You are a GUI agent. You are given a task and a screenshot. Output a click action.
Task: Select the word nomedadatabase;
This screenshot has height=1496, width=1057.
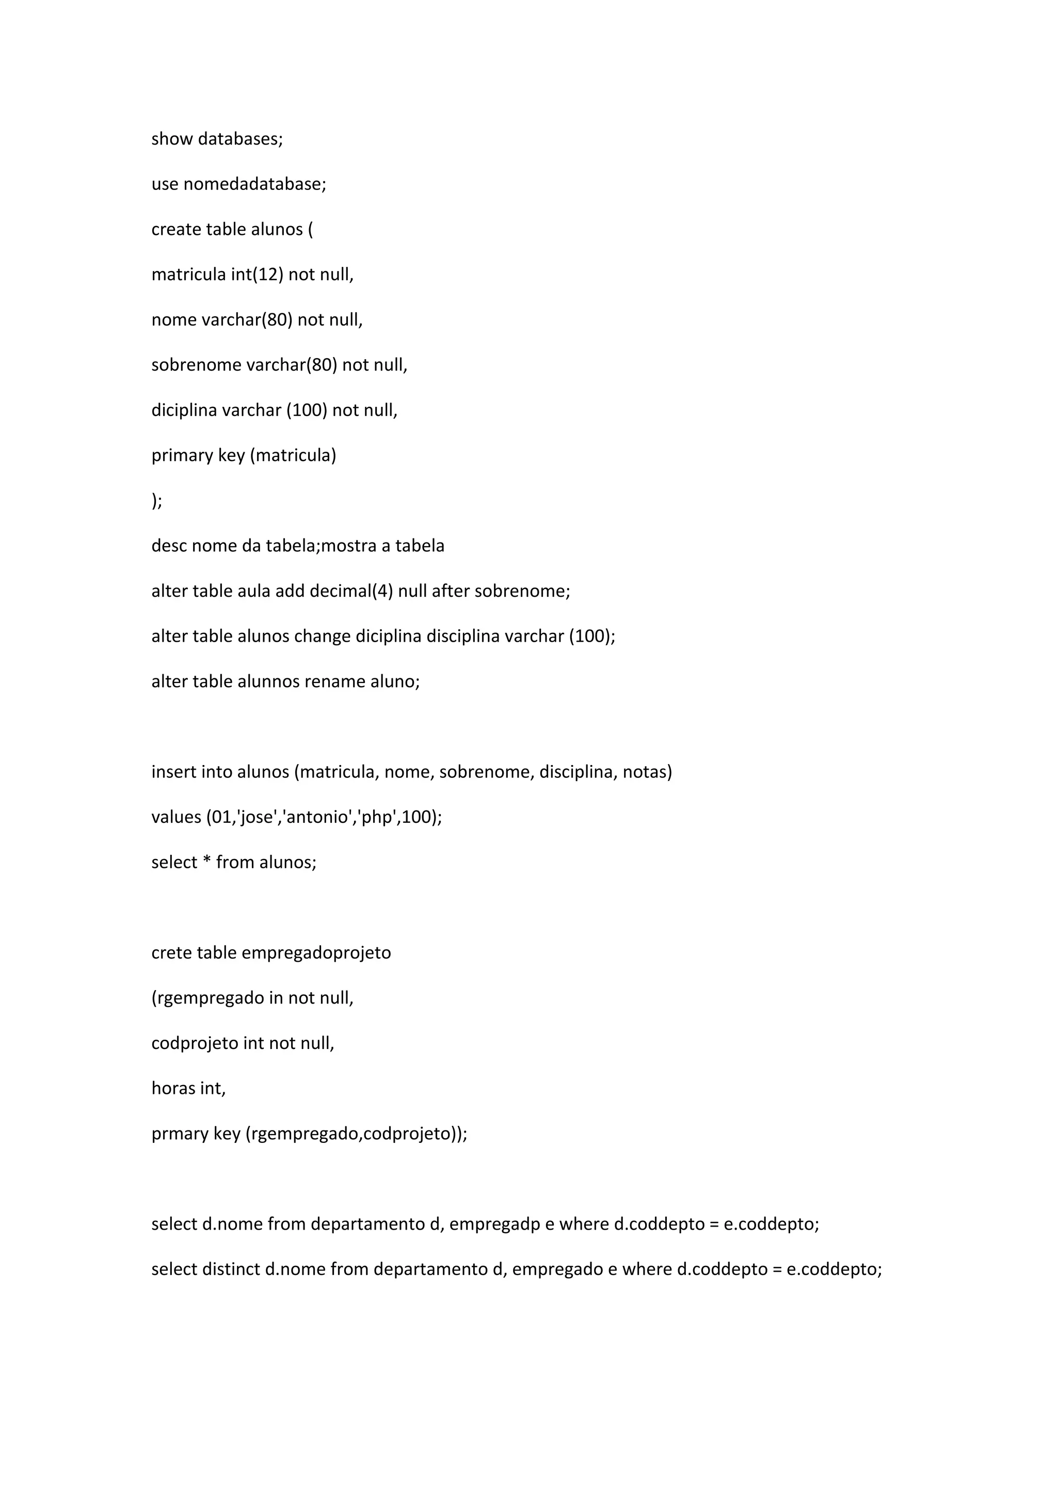click(254, 184)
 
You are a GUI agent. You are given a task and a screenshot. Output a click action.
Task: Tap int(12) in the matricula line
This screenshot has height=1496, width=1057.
click(257, 274)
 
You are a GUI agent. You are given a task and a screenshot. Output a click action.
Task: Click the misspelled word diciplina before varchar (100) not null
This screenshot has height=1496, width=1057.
click(184, 410)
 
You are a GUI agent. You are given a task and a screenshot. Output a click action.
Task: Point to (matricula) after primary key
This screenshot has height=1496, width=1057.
click(293, 455)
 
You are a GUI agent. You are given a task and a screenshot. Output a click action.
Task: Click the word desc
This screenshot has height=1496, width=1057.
click(169, 545)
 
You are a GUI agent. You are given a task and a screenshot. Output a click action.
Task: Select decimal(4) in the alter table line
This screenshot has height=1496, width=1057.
click(351, 591)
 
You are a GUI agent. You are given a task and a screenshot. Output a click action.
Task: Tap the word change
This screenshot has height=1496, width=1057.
click(323, 636)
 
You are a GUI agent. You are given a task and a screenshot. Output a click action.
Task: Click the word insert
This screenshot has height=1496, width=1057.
click(174, 772)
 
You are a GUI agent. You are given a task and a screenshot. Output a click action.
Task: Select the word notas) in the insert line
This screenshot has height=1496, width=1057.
click(647, 772)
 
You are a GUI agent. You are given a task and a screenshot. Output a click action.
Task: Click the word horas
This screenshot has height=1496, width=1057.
click(173, 1088)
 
